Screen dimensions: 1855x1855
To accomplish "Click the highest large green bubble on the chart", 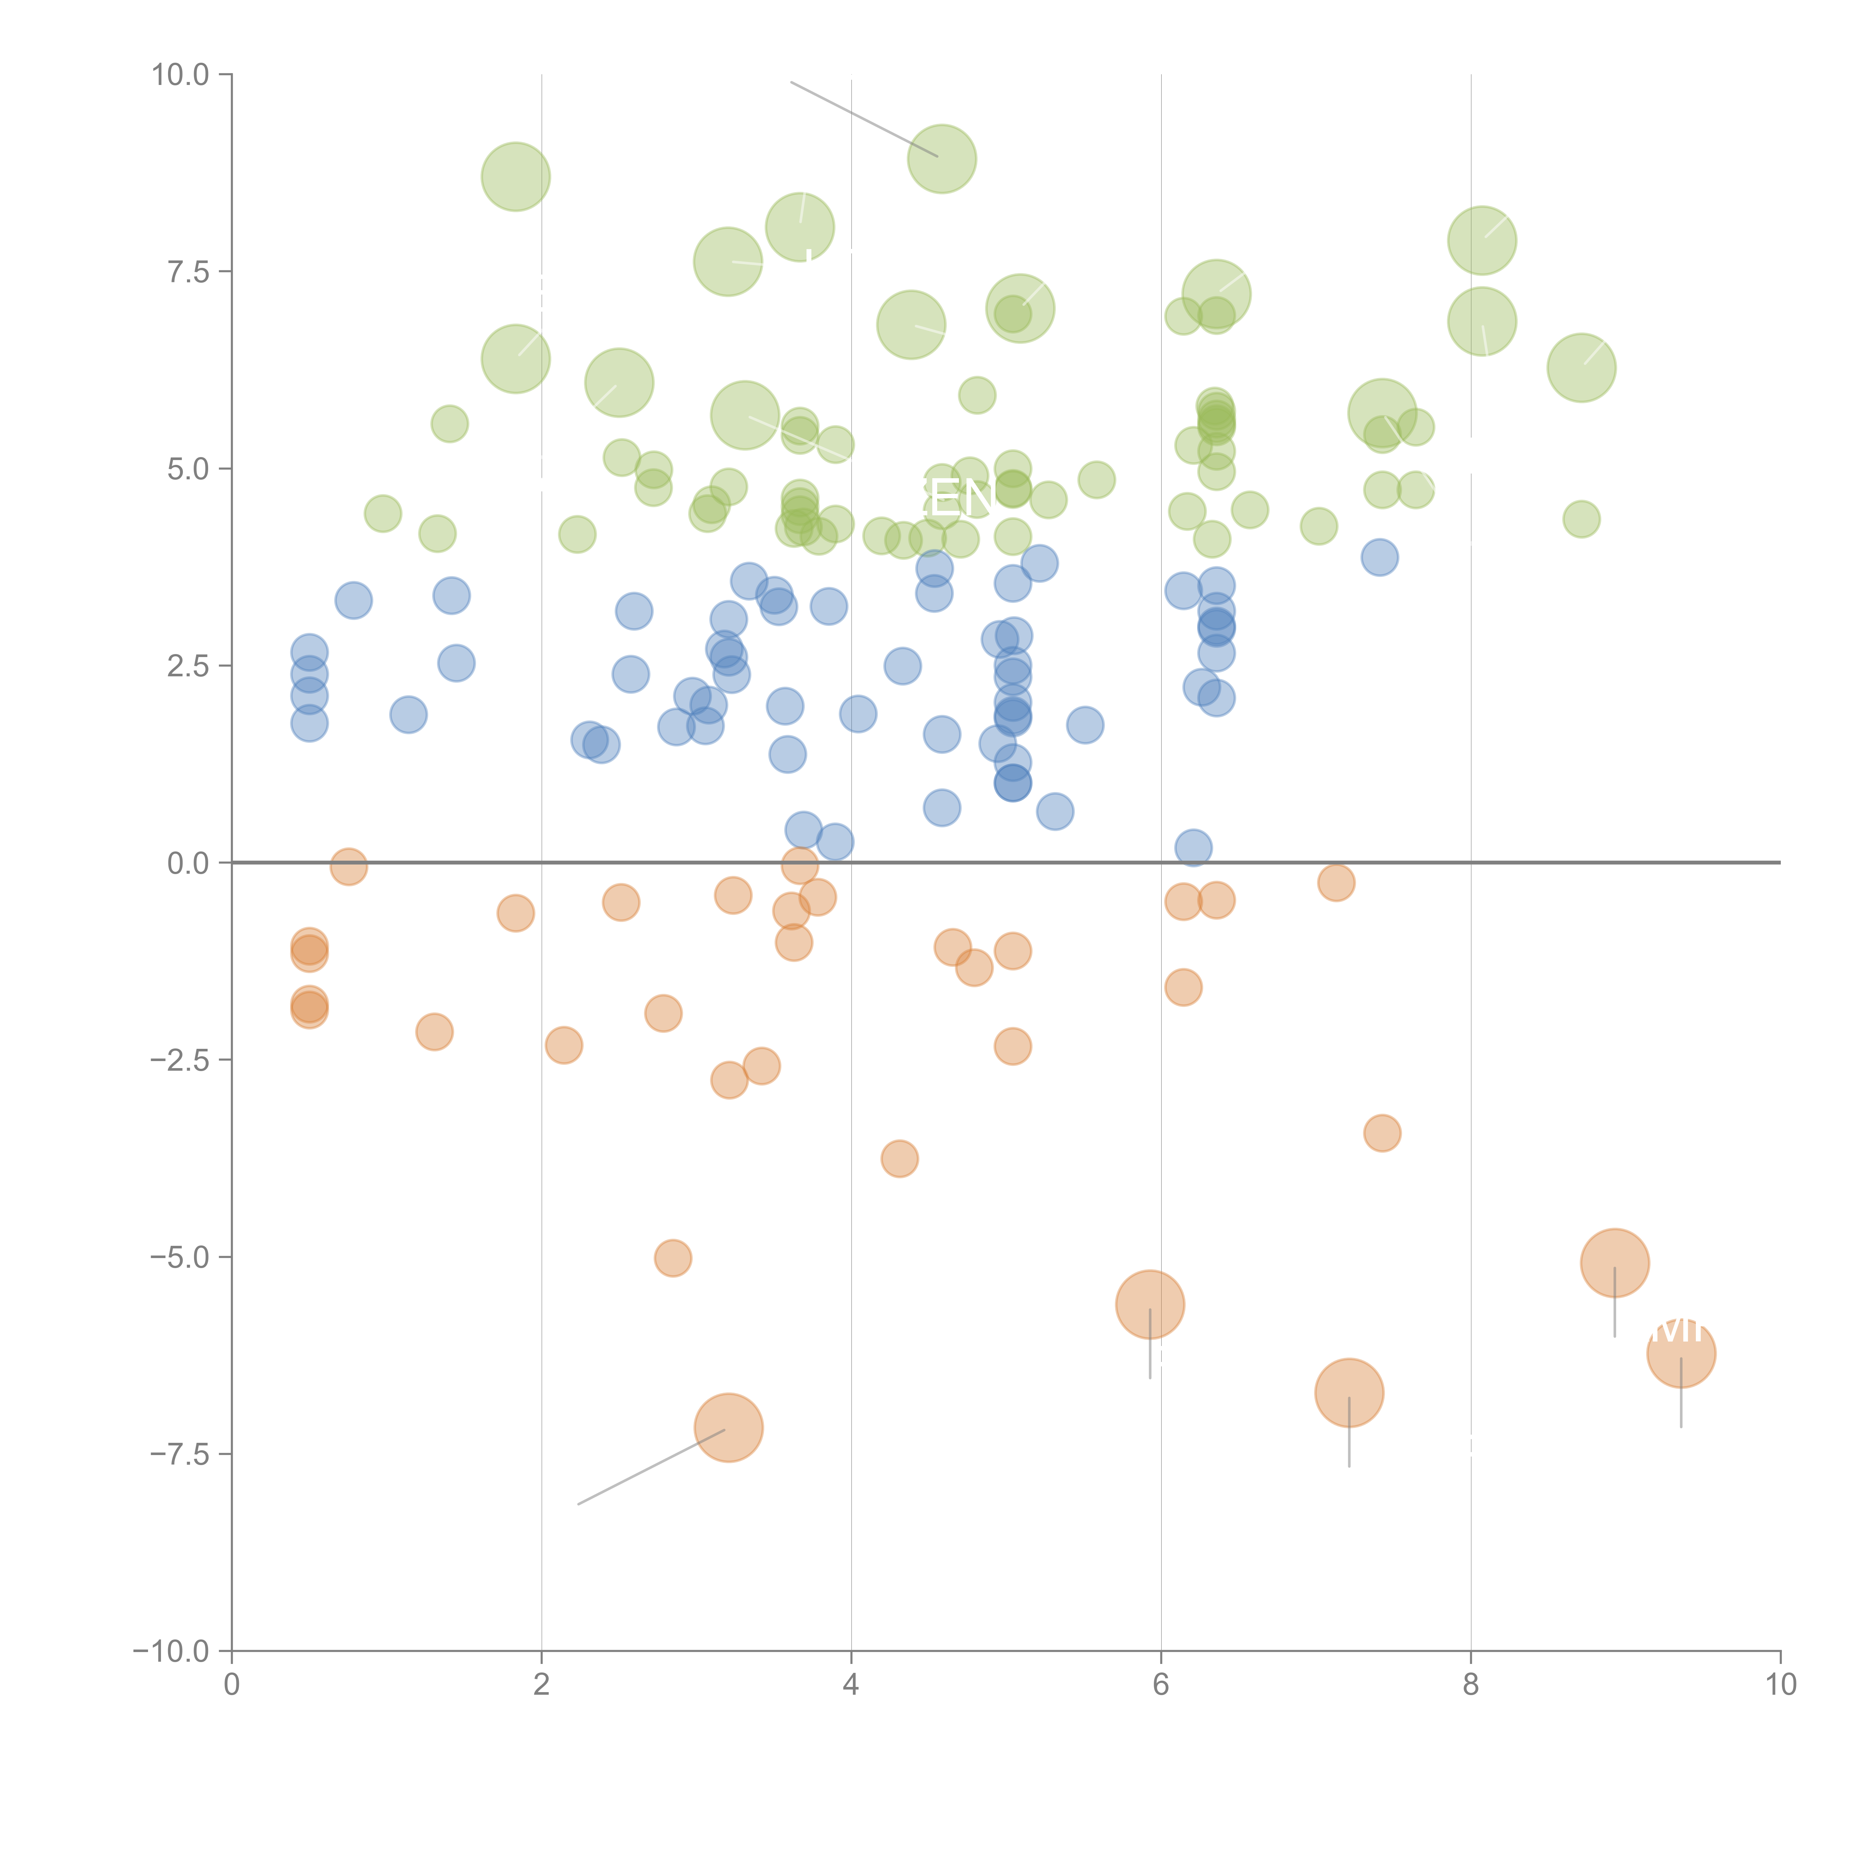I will click(942, 158).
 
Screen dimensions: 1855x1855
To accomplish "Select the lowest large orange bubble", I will click(729, 1428).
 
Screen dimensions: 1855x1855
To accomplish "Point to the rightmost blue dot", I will click(1380, 557).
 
